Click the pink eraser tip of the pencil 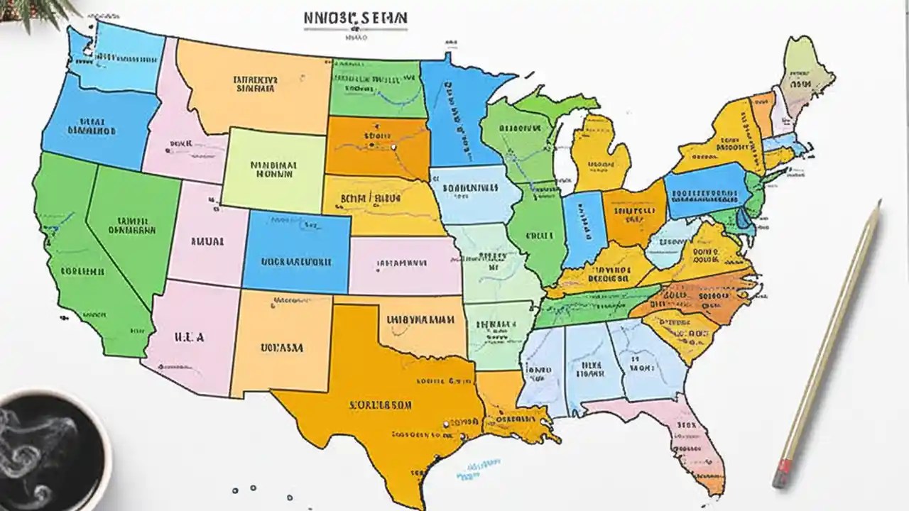coord(782,471)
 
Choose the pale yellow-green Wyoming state coord(273,167)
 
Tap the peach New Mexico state coord(281,344)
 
